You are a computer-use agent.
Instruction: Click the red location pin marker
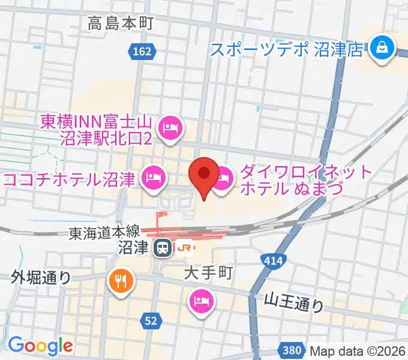tap(203, 175)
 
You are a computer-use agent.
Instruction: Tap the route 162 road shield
tap(142, 53)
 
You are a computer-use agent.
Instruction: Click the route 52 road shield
tap(151, 322)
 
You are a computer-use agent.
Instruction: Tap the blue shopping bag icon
tap(380, 47)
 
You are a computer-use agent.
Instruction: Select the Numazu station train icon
tap(161, 247)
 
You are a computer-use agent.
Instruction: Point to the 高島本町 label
tap(121, 24)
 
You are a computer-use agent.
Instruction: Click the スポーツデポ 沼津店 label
tap(287, 48)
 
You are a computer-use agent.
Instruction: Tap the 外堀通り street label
tap(41, 277)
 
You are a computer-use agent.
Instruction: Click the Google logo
tap(40, 345)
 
